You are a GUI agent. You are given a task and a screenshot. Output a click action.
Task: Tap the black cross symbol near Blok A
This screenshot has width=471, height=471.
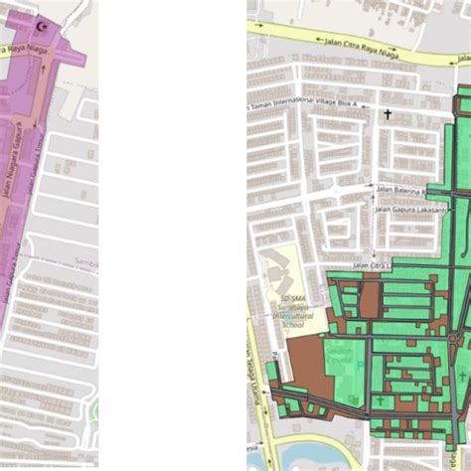click(389, 114)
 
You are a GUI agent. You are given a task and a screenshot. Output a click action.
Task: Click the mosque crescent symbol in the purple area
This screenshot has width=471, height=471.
click(40, 28)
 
